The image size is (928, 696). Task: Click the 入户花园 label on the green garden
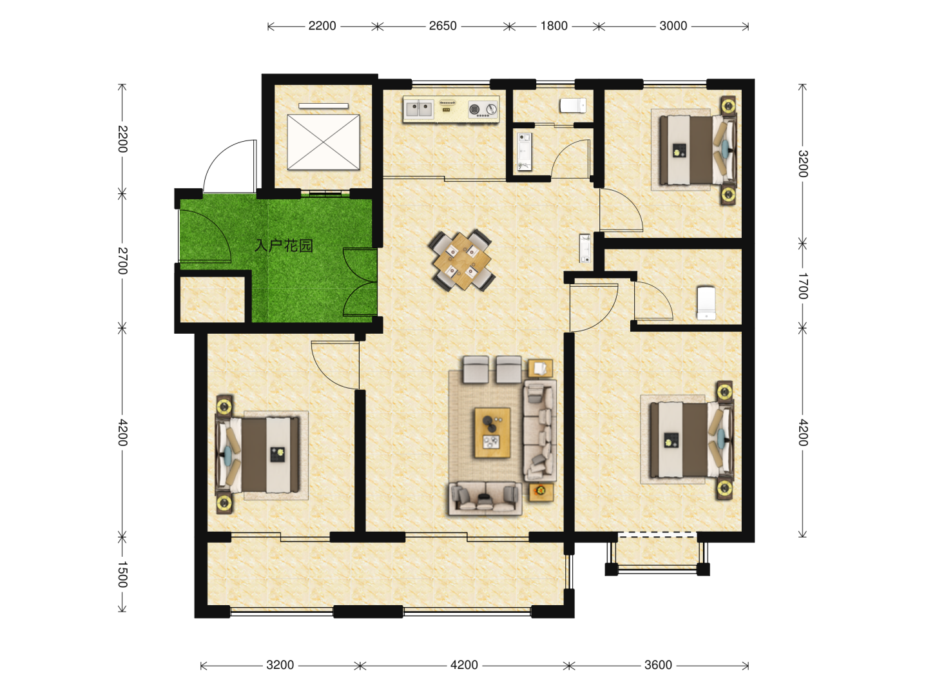click(284, 246)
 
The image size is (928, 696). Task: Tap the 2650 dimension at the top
click(443, 26)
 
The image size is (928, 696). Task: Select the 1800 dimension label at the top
click(554, 26)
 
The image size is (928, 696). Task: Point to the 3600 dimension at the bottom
click(658, 665)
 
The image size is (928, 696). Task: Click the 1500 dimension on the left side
click(122, 574)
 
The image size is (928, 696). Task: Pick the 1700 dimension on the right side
click(802, 286)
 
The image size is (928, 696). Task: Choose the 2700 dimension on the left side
click(122, 261)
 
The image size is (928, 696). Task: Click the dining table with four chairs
click(461, 261)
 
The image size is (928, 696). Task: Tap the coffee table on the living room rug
click(492, 432)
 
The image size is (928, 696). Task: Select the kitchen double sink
click(418, 110)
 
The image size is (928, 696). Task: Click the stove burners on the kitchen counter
click(483, 110)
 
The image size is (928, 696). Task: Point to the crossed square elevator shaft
click(324, 142)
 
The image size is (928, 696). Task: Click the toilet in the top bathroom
click(573, 106)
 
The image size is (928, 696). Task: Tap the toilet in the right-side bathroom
click(706, 303)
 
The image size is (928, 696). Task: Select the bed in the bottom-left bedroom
click(258, 455)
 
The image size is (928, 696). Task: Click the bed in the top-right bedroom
click(697, 150)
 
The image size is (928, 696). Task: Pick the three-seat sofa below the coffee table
click(485, 498)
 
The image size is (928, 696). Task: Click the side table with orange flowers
click(541, 492)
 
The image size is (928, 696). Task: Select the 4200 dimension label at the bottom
click(464, 665)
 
